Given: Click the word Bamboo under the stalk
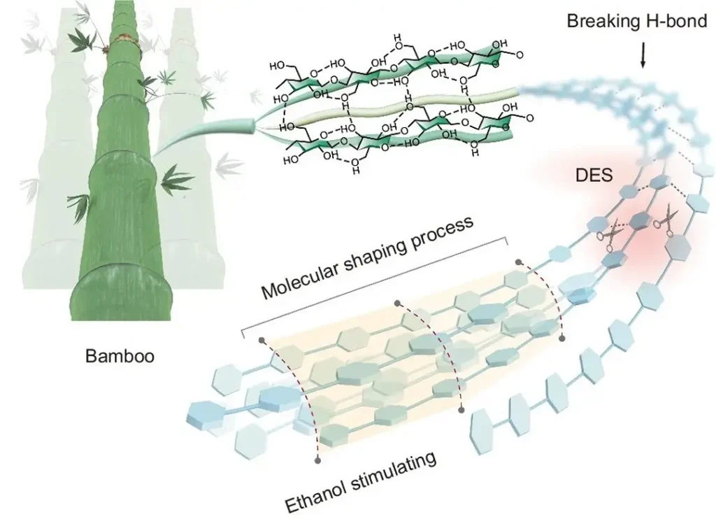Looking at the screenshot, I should tap(120, 356).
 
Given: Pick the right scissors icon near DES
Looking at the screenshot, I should tap(664, 218).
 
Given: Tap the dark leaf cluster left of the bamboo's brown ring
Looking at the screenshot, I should tap(86, 38).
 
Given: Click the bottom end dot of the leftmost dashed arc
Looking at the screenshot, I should tap(319, 460).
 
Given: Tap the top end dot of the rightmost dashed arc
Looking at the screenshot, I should tap(518, 263).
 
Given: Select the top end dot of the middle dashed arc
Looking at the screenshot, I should tap(398, 304).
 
